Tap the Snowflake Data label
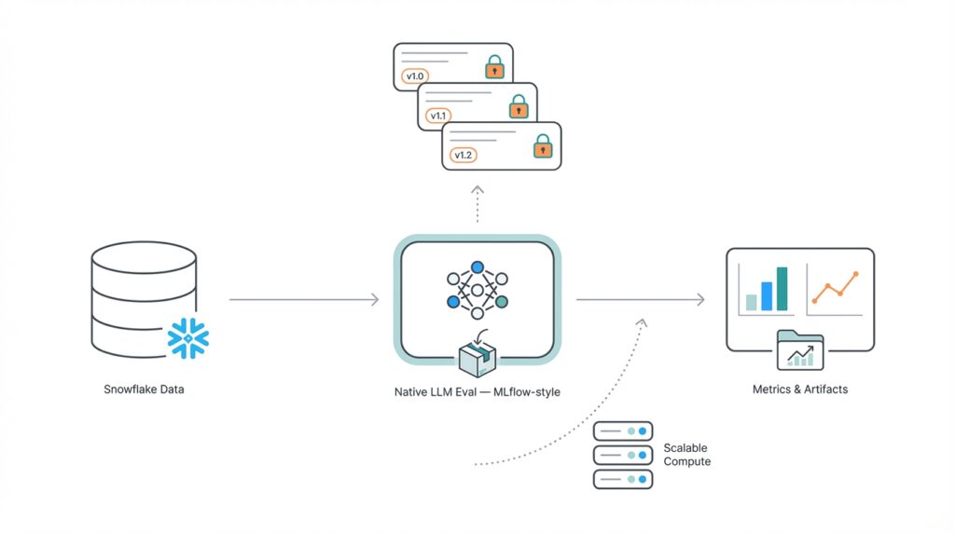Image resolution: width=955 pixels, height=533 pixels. click(x=144, y=389)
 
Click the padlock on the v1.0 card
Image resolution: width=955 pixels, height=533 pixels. click(x=493, y=67)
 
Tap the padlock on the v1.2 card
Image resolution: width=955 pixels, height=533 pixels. click(x=542, y=146)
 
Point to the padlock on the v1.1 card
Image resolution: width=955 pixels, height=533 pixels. click(x=518, y=107)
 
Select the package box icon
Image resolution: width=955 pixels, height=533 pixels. click(x=477, y=357)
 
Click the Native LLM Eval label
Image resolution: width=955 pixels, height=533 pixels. click(x=477, y=391)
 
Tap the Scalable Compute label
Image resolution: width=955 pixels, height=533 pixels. click(x=686, y=455)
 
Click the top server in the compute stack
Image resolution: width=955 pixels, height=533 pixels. click(x=623, y=431)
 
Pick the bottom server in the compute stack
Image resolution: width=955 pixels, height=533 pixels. click(x=623, y=479)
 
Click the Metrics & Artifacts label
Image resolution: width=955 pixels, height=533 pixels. click(x=800, y=389)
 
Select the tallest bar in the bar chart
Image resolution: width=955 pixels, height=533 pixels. click(x=782, y=289)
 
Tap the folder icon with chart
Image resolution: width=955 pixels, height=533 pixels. click(x=799, y=351)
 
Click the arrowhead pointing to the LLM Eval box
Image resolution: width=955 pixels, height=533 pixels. click(x=374, y=299)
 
